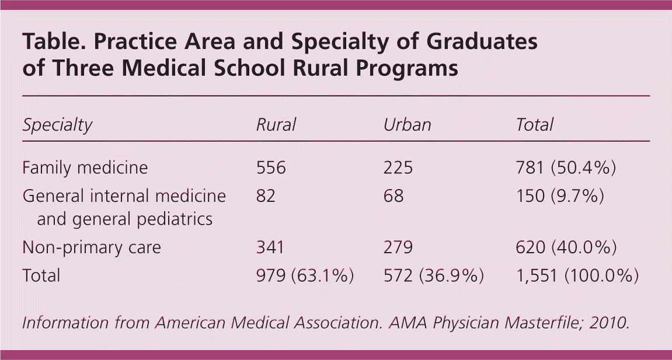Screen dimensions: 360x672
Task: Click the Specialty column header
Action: [57, 125]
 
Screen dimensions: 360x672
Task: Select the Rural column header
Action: [276, 125]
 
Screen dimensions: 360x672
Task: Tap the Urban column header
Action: [407, 125]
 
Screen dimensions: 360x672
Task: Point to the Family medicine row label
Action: [85, 168]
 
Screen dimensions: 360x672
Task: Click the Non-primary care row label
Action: [92, 247]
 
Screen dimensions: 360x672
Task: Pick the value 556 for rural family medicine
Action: [271, 168]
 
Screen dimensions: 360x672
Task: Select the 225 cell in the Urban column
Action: [398, 168]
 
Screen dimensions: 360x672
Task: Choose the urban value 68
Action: [394, 196]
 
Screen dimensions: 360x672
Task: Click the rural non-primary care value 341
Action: [270, 247]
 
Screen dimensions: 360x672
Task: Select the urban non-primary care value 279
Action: [398, 247]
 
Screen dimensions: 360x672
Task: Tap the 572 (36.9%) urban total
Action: [433, 275]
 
